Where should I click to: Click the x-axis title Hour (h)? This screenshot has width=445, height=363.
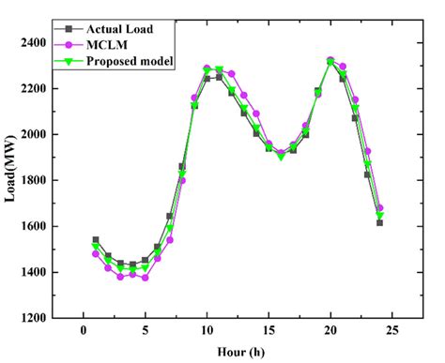[x=238, y=352]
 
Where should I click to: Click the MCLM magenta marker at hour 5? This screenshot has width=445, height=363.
[x=145, y=278]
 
